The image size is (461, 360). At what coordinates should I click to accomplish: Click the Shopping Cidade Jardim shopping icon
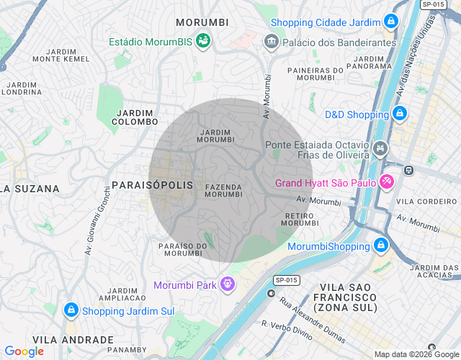coord(390,21)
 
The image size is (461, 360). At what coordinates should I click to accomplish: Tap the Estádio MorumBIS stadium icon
coord(203,42)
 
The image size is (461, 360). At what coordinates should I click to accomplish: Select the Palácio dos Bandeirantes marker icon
coord(272,42)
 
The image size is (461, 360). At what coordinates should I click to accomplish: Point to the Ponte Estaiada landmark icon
coord(380,150)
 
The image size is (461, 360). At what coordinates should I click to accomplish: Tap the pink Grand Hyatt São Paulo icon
coord(386,182)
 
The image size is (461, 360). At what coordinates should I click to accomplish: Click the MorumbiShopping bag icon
coord(380,246)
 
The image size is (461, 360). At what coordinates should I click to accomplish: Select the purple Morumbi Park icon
coord(228,284)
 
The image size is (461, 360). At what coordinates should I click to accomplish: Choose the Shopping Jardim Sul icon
coord(71,310)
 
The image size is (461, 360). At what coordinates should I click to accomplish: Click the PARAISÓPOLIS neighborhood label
coord(151,185)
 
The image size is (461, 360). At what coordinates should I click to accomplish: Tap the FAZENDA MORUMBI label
coord(223,190)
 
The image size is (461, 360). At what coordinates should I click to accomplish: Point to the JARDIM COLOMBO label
coord(135,117)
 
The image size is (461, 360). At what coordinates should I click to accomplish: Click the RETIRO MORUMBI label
coord(300,219)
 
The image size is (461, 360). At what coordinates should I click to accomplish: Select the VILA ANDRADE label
coord(73,339)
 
